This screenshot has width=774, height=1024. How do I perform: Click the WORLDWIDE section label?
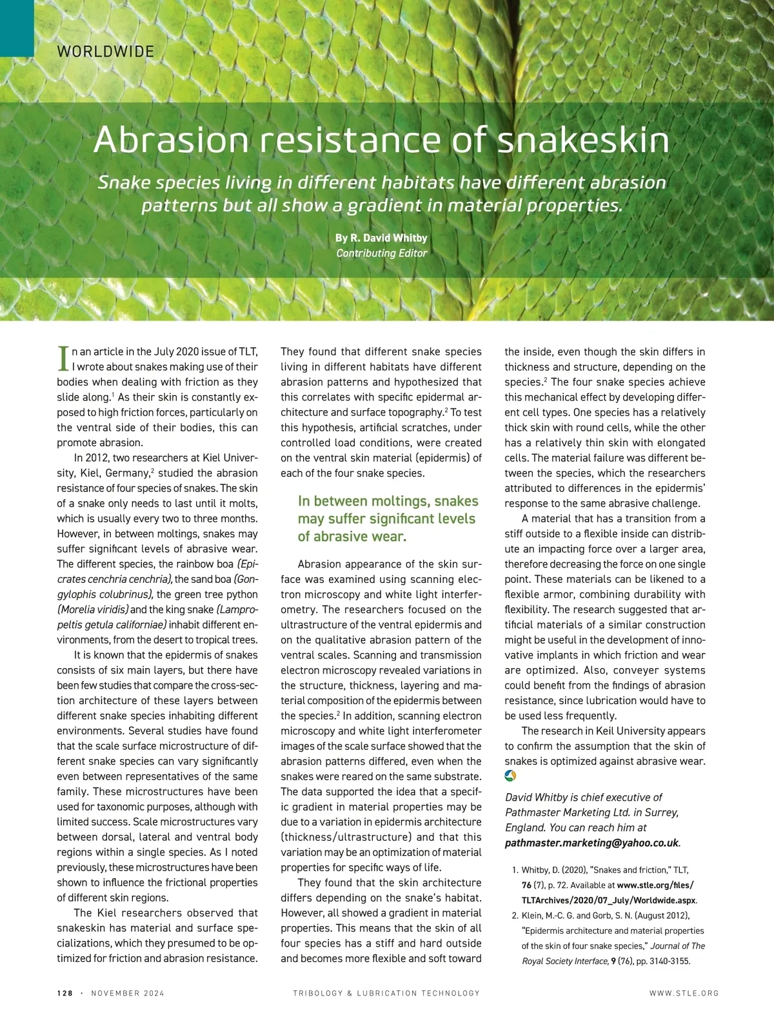pos(106,52)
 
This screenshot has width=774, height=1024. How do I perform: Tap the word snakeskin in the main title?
pos(584,141)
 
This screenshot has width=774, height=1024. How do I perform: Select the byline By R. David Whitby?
pos(381,238)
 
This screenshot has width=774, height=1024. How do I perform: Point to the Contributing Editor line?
pos(381,253)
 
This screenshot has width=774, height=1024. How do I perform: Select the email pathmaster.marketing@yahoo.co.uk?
pos(591,842)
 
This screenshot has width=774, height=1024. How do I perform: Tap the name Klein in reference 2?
pos(533,916)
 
